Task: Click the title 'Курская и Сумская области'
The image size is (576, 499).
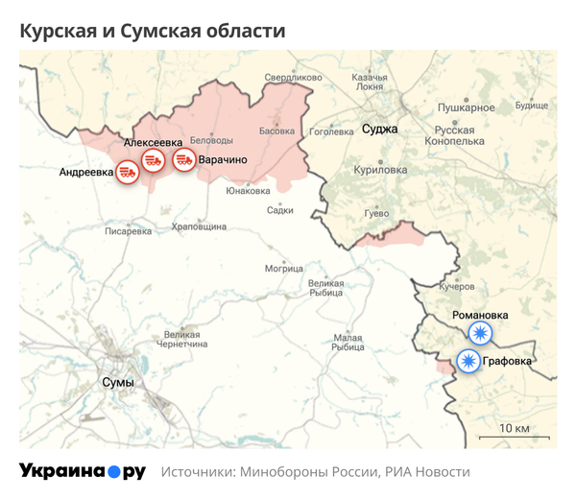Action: point(153,31)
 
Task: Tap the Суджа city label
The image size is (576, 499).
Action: point(379,129)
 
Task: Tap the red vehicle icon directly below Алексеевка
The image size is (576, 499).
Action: point(153,160)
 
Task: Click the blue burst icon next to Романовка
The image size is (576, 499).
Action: point(479,334)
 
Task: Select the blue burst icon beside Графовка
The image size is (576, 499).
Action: point(468,362)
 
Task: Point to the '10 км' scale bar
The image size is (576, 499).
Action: point(516,427)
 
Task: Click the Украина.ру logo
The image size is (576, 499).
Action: point(83,471)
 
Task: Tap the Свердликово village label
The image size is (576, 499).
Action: point(293,77)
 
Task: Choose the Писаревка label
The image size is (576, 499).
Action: point(129,231)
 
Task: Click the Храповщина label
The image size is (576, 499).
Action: point(198,226)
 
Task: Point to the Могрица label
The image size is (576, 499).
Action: point(284,268)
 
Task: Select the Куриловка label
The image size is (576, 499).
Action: point(380,169)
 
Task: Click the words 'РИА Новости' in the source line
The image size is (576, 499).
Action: point(427,472)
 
